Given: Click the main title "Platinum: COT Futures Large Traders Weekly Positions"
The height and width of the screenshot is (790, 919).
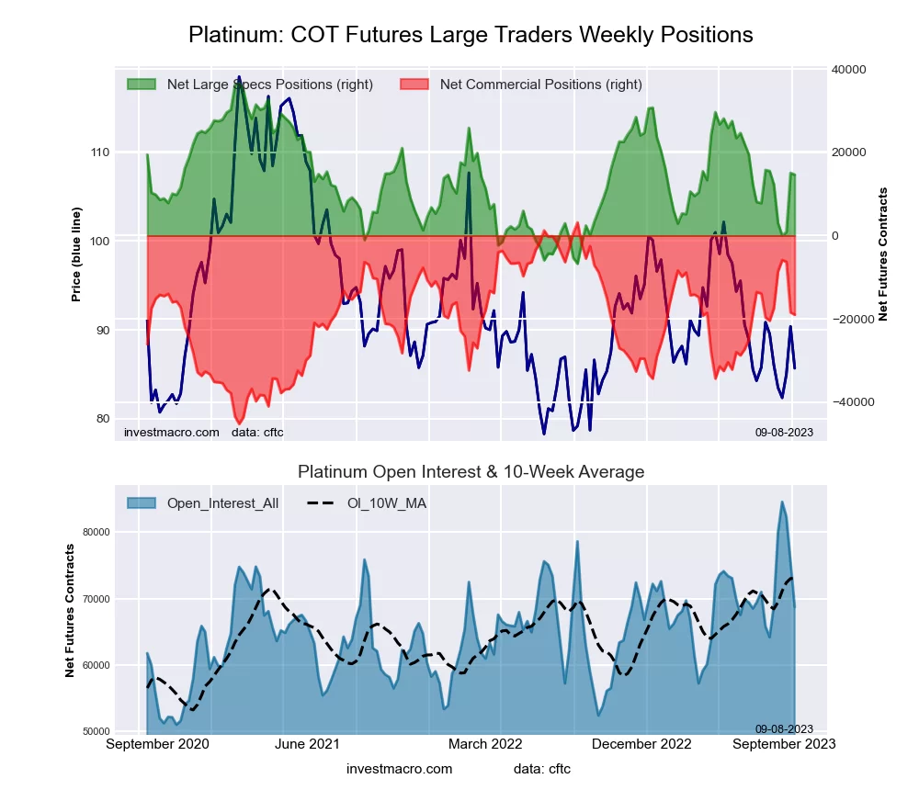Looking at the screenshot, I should pos(471,35).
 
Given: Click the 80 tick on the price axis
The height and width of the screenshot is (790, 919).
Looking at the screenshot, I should pos(101,419).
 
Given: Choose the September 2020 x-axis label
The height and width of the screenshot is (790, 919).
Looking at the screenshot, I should pos(157,744).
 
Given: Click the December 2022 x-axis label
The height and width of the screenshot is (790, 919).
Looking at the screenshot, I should pos(647,744).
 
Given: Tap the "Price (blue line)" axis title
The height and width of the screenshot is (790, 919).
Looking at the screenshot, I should pos(76,241).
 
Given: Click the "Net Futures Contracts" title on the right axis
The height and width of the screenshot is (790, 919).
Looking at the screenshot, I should pos(884,254).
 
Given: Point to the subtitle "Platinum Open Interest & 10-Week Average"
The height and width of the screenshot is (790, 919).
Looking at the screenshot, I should pos(471,471).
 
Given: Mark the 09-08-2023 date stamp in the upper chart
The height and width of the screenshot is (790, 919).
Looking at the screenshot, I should pos(784,432).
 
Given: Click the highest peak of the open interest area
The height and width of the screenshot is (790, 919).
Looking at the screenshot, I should pos(782,502).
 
